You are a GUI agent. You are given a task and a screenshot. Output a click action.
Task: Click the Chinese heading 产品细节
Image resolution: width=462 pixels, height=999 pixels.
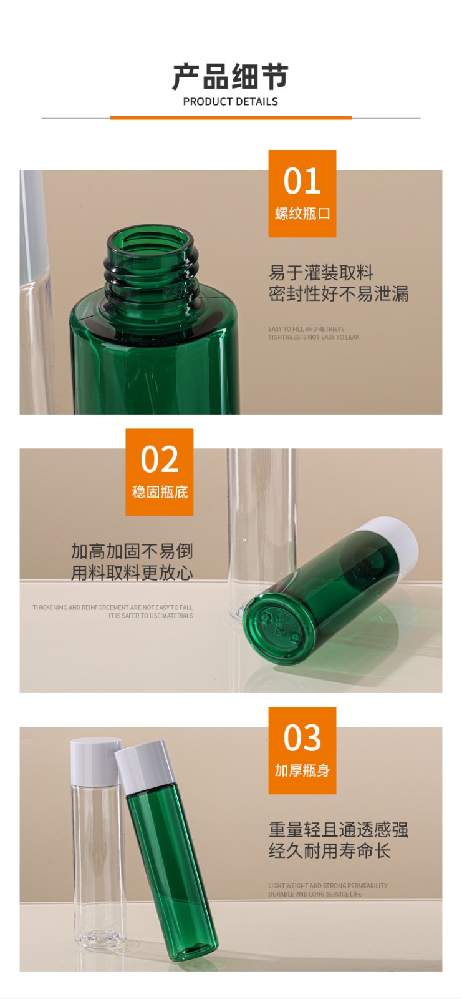[x=230, y=77]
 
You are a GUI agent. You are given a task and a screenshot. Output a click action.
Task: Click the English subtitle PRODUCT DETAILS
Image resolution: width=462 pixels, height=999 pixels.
[x=230, y=101]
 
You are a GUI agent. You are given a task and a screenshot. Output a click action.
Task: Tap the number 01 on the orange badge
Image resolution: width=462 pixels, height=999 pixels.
[x=302, y=181]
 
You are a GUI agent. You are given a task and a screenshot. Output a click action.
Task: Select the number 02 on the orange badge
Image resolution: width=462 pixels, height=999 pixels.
[x=160, y=460]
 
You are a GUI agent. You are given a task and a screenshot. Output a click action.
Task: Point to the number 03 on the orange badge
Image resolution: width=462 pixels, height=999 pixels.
[x=302, y=738]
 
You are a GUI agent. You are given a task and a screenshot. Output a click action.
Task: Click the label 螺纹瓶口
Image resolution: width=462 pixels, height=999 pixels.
[x=302, y=214]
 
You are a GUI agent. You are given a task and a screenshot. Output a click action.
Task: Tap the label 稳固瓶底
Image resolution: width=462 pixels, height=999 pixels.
[x=160, y=492]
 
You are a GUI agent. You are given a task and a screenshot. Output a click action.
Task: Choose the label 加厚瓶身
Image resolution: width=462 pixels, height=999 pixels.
[x=302, y=770]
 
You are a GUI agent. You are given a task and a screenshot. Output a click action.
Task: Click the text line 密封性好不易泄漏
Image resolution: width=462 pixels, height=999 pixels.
[x=339, y=293]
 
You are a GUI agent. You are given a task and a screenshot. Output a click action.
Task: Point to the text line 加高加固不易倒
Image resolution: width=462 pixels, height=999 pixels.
[x=132, y=551]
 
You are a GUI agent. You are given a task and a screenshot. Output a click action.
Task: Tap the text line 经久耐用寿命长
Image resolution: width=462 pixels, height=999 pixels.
[x=329, y=850]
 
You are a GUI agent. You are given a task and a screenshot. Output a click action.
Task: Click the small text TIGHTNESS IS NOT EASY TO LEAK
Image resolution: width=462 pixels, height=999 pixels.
[x=314, y=337]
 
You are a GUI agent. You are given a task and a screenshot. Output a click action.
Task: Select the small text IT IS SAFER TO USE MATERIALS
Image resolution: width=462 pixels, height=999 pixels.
[x=150, y=616]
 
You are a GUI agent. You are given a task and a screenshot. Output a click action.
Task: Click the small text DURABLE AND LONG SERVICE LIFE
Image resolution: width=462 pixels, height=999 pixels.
[x=315, y=894]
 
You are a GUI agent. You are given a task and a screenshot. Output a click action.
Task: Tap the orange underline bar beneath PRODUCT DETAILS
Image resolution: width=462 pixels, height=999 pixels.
[x=231, y=117]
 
